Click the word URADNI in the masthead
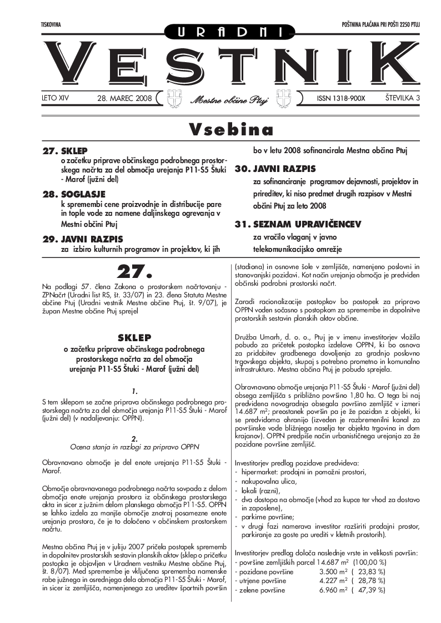[220, 32]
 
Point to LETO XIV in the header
[56, 98]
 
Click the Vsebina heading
[231, 129]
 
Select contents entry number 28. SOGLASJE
[74, 194]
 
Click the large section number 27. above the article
[134, 272]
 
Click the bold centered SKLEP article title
[134, 337]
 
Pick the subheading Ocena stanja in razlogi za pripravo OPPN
[134, 446]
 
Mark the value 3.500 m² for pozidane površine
[333, 571]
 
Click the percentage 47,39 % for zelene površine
[370, 590]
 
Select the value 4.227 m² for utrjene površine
[333, 580]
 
